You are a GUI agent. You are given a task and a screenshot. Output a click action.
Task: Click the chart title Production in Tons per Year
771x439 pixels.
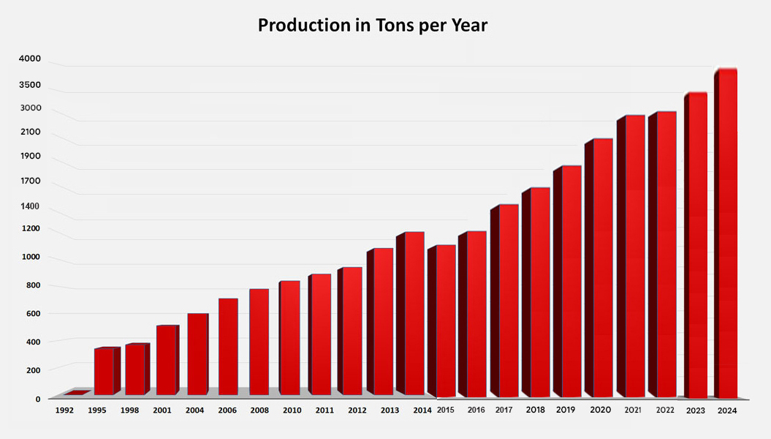point(372,26)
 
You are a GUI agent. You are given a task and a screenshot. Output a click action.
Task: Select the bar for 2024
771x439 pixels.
point(726,234)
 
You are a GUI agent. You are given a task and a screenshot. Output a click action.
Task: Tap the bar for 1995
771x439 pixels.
point(104,372)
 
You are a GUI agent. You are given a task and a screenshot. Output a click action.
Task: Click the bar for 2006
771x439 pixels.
point(228,347)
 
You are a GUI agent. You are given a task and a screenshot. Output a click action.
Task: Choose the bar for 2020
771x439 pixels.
point(602,268)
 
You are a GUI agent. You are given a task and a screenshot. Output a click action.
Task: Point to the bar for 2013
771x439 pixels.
point(383,322)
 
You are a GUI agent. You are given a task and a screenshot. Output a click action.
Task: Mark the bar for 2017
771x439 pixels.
point(508,301)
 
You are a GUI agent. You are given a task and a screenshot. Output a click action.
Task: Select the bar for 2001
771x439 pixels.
point(166,360)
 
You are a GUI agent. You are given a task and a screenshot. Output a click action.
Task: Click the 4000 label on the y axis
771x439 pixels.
point(30,59)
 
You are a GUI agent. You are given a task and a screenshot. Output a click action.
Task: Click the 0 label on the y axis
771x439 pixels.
point(38,399)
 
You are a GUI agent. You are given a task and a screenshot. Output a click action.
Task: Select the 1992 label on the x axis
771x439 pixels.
point(64,411)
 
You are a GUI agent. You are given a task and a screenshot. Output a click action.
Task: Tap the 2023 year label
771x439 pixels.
point(695,411)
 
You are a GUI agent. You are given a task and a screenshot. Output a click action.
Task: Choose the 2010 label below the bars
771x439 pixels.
point(292,411)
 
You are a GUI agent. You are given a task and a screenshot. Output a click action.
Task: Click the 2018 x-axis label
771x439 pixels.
point(535,410)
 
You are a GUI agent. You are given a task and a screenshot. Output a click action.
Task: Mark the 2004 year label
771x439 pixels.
point(194,411)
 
